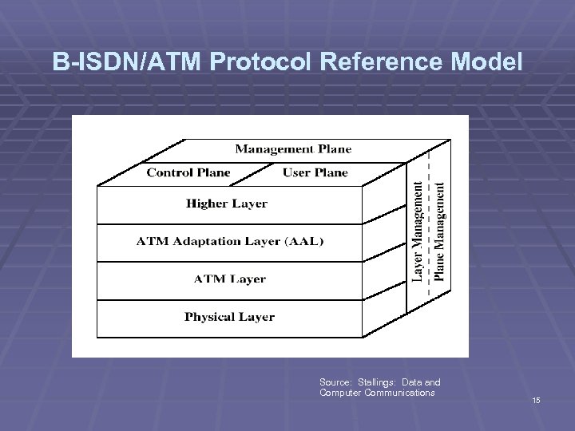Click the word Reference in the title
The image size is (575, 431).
pyautogui.click(x=383, y=61)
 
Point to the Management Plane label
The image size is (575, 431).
pyautogui.click(x=292, y=149)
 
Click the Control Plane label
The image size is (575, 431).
pyautogui.click(x=188, y=172)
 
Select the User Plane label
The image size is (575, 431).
pyautogui.click(x=315, y=172)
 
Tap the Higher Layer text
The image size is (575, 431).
pyautogui.click(x=227, y=204)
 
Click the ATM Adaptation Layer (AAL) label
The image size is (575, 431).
pyautogui.click(x=230, y=241)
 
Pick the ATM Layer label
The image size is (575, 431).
pyautogui.click(x=229, y=279)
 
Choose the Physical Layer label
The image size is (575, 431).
pyautogui.click(x=229, y=317)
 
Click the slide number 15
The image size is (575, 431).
pyautogui.click(x=536, y=400)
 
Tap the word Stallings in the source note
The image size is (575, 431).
pyautogui.click(x=375, y=382)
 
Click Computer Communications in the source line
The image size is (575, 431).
pyautogui.click(x=377, y=393)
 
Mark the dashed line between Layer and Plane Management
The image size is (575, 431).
pyautogui.click(x=430, y=239)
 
